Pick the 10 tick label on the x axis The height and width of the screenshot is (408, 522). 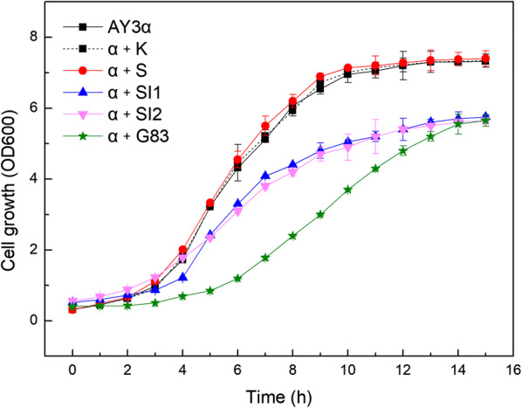(348, 358)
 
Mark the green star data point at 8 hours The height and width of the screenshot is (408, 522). (292, 236)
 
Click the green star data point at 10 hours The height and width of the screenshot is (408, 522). (348, 190)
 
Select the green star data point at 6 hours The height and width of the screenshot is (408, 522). (237, 279)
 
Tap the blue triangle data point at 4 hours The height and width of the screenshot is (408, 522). (183, 277)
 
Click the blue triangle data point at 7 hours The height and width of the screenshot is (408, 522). (264, 176)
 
